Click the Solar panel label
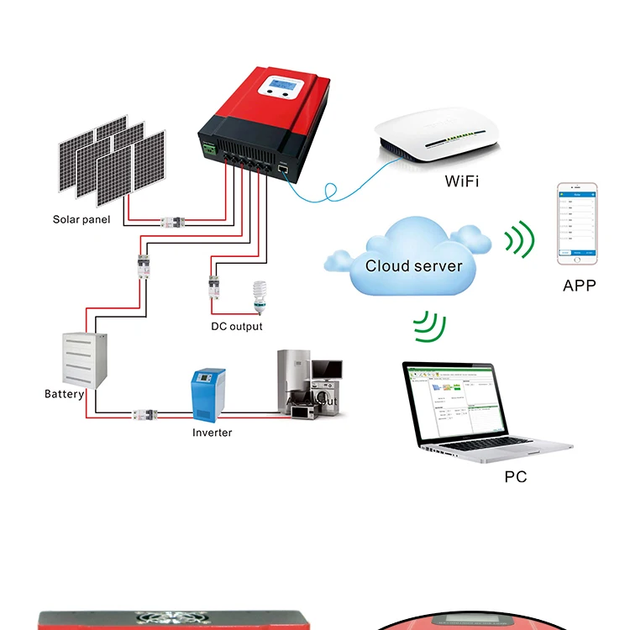tap(82, 220)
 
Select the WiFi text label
tap(461, 181)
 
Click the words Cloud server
tap(413, 266)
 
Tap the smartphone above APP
tap(577, 223)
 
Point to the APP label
tap(579, 286)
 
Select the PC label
tap(516, 476)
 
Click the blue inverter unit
tap(209, 394)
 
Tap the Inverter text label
tap(212, 433)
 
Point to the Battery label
tap(64, 394)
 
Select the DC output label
tap(236, 326)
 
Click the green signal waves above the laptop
tap(430, 325)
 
